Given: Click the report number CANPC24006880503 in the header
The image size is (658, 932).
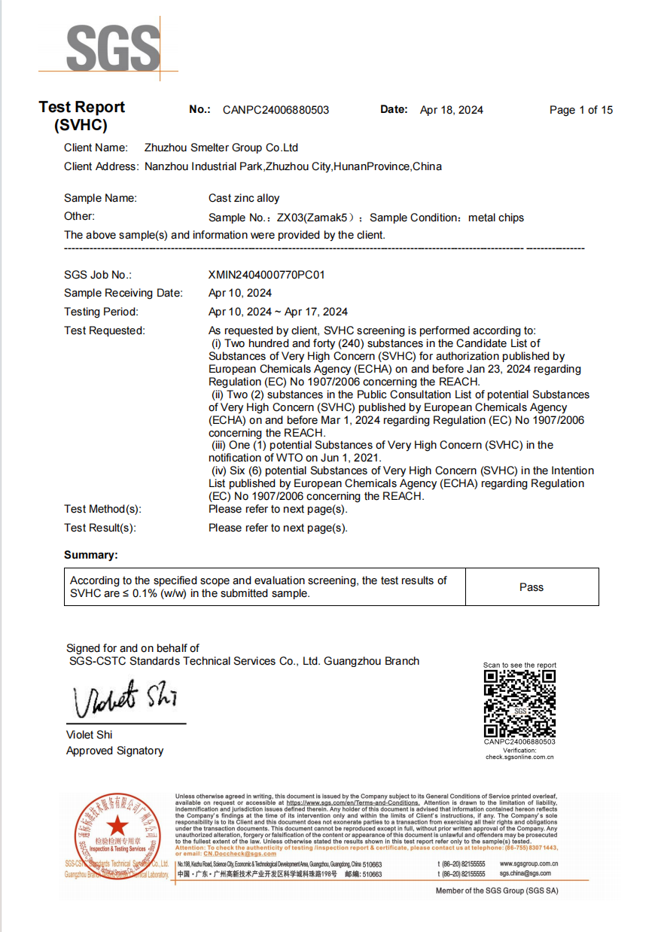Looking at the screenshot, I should pyautogui.click(x=276, y=110).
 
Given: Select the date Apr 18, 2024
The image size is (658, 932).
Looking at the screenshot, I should pyautogui.click(x=452, y=110).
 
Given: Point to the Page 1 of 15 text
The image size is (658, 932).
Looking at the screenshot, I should pyautogui.click(x=580, y=110).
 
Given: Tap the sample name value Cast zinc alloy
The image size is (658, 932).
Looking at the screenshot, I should pyautogui.click(x=244, y=198).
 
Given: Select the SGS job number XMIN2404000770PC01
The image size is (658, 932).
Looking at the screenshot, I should pyautogui.click(x=267, y=275).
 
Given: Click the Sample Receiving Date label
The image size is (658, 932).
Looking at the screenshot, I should pyautogui.click(x=123, y=293).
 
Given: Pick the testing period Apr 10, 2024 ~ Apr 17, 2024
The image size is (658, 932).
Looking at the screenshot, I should pyautogui.click(x=278, y=312).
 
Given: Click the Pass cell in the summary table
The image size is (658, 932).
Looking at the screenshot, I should pyautogui.click(x=532, y=587).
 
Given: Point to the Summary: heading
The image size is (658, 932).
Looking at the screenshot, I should pyautogui.click(x=91, y=555).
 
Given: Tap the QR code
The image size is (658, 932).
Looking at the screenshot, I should pyautogui.click(x=519, y=702).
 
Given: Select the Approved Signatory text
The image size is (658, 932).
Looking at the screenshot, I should pyautogui.click(x=114, y=751).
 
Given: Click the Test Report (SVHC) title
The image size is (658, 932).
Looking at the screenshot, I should pyautogui.click(x=81, y=116).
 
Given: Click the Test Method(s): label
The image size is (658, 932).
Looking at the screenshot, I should pyautogui.click(x=103, y=509).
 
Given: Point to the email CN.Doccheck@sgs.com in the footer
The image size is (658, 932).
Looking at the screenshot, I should pyautogui.click(x=208, y=853).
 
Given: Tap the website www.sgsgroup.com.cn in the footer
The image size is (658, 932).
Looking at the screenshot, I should pyautogui.click(x=529, y=863).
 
